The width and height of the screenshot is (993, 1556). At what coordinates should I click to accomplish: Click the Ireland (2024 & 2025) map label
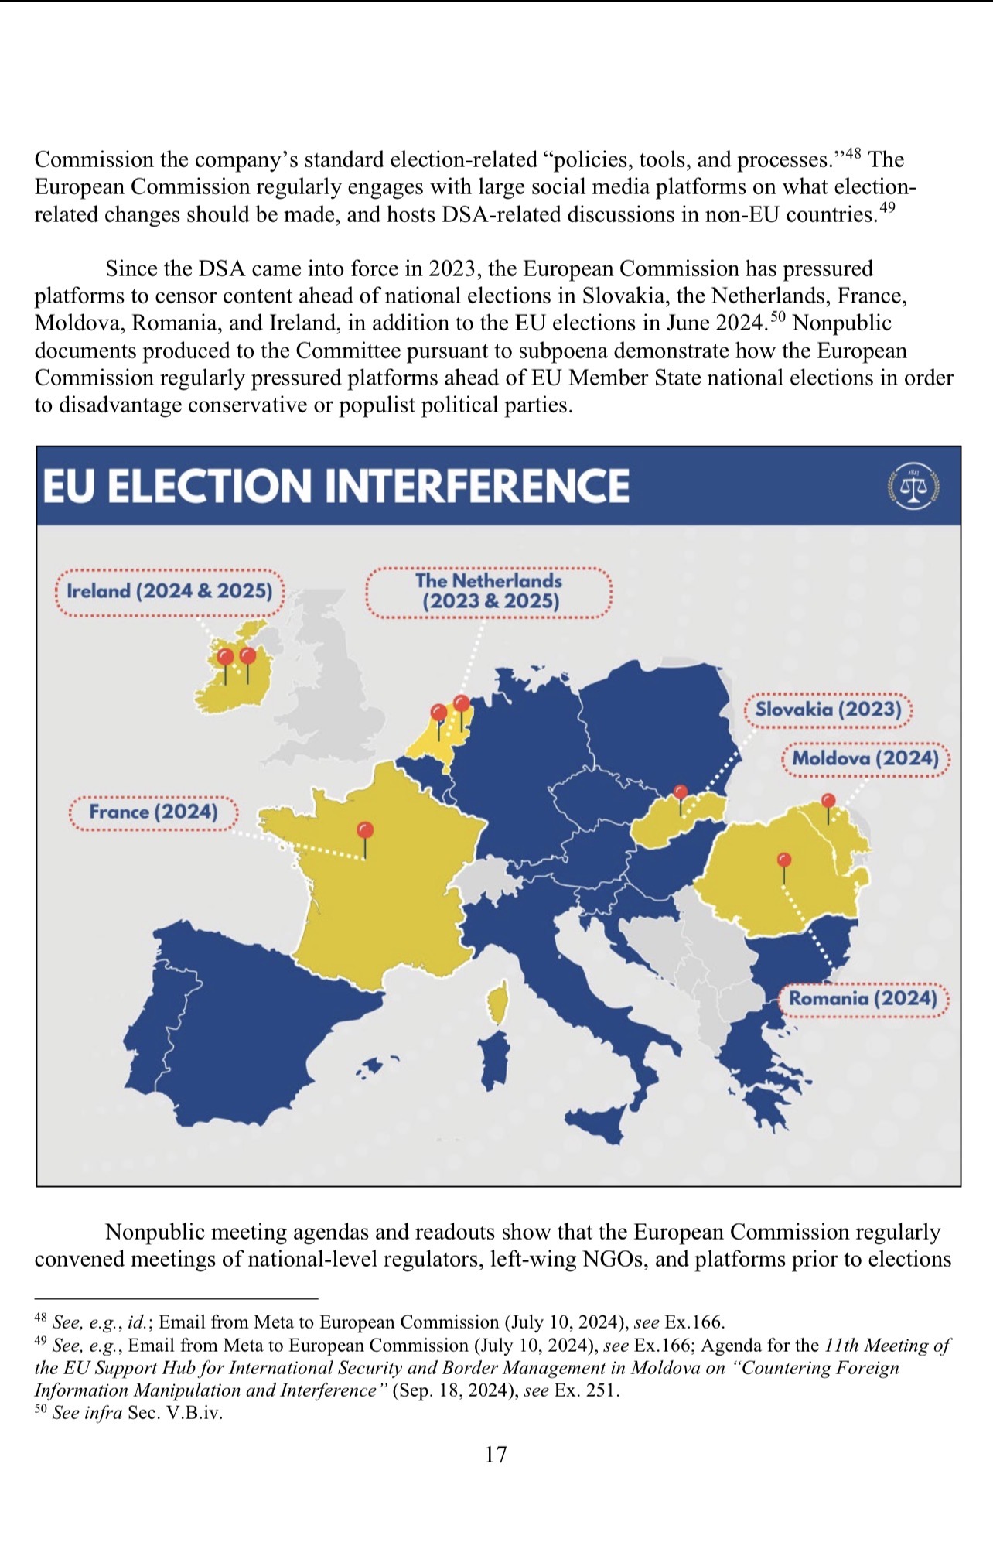[169, 592]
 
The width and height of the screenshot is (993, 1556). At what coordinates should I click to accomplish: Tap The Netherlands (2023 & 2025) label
[489, 592]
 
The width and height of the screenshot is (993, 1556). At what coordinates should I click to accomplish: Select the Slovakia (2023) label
[828, 710]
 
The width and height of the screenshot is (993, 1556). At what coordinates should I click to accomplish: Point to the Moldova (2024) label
[865, 758]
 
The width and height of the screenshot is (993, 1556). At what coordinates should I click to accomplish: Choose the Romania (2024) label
[863, 999]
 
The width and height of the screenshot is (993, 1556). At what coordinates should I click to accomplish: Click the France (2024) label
[153, 812]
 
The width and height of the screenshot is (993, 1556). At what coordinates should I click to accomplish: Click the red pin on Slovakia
[681, 792]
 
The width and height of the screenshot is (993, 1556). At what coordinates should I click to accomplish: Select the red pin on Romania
[783, 860]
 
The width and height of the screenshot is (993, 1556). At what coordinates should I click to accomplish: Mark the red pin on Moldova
[828, 801]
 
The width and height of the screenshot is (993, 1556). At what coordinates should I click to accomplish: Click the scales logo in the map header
[913, 487]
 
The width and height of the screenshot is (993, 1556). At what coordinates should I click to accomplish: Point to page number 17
[496, 1455]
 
